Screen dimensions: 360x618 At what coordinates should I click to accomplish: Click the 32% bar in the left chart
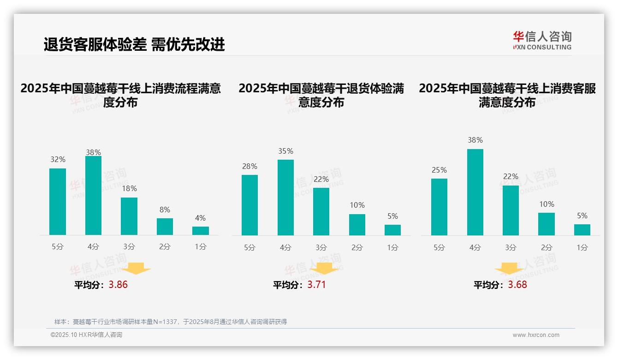pyautogui.click(x=58, y=202)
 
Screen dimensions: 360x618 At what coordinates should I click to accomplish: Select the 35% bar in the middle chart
pyautogui.click(x=285, y=198)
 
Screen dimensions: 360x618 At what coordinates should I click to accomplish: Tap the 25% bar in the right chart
pyautogui.click(x=439, y=207)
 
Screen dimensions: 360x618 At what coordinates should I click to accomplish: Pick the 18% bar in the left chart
pyautogui.click(x=129, y=216)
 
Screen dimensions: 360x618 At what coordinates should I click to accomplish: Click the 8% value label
pyautogui.click(x=165, y=209)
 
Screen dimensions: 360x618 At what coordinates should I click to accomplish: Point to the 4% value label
pyautogui.click(x=200, y=218)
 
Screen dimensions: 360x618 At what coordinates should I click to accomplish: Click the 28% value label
pyautogui.click(x=250, y=166)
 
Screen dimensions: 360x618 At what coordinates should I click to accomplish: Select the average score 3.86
pyautogui.click(x=118, y=285)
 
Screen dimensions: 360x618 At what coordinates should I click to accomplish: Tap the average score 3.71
pyautogui.click(x=316, y=285)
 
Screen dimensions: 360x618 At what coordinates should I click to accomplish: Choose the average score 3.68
pyautogui.click(x=517, y=285)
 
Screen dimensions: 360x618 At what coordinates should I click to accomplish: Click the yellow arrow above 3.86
pyautogui.click(x=137, y=269)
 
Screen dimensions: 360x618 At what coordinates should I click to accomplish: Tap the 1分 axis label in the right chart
pyautogui.click(x=582, y=247)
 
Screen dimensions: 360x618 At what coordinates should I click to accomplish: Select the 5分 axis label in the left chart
pyautogui.click(x=58, y=247)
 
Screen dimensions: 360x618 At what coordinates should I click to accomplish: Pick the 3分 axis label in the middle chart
pyautogui.click(x=321, y=247)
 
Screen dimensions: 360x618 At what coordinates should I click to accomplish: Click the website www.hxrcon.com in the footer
pyautogui.click(x=536, y=335)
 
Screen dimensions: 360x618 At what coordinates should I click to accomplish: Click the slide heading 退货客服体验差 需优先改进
pyautogui.click(x=134, y=44)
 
